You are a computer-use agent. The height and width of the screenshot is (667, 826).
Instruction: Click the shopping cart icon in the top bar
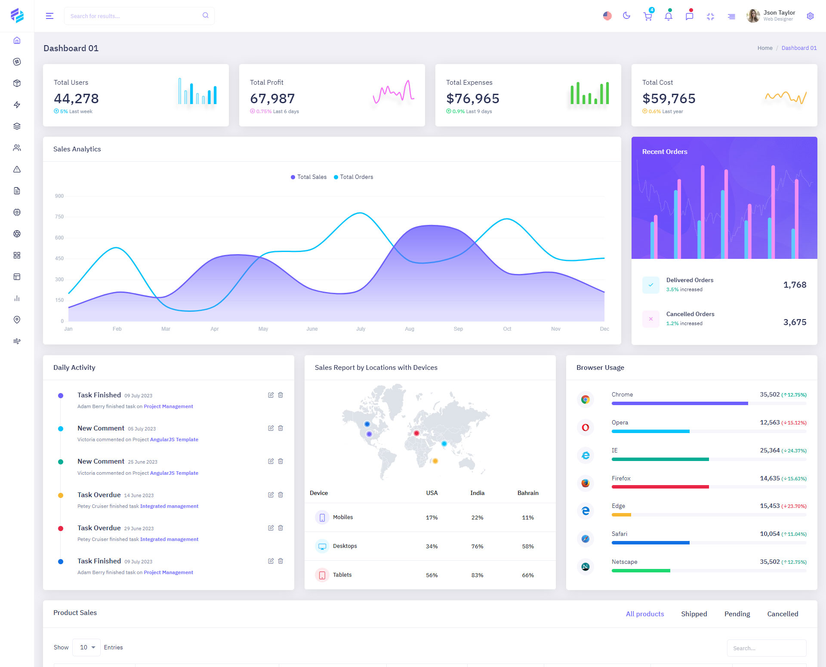coord(647,16)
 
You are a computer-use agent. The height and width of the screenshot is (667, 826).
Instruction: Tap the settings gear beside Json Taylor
coord(810,16)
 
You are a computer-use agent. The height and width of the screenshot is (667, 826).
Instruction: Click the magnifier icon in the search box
coord(206,15)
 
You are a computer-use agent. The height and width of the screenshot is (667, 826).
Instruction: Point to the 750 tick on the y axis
coord(59,217)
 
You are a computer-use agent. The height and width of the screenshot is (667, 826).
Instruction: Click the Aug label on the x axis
coord(410,329)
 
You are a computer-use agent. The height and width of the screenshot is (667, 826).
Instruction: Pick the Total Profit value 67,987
coord(272,98)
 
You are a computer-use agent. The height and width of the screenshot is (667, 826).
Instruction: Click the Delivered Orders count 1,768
coord(795,285)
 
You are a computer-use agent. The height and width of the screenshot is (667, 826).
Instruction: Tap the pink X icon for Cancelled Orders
coord(650,319)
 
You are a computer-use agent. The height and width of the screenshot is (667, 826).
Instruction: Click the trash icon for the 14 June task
coord(280,495)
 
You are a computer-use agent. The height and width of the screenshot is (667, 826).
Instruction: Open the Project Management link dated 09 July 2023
coord(168,406)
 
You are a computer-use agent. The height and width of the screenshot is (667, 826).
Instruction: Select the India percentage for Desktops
coord(477,546)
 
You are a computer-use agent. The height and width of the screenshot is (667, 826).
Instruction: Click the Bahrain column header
coord(528,493)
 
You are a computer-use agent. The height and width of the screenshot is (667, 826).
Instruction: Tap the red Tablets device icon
coord(322,575)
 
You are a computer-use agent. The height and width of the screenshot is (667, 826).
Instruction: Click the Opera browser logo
coord(585,427)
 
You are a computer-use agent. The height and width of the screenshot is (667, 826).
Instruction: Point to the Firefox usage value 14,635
coord(770,478)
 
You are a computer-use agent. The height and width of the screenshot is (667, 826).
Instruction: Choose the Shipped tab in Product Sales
coord(694,614)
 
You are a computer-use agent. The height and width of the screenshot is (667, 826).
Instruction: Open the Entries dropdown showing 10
coord(86,647)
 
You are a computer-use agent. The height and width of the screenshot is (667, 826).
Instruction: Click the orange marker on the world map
coord(435,461)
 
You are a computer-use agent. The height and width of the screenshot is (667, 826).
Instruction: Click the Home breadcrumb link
coord(764,48)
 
